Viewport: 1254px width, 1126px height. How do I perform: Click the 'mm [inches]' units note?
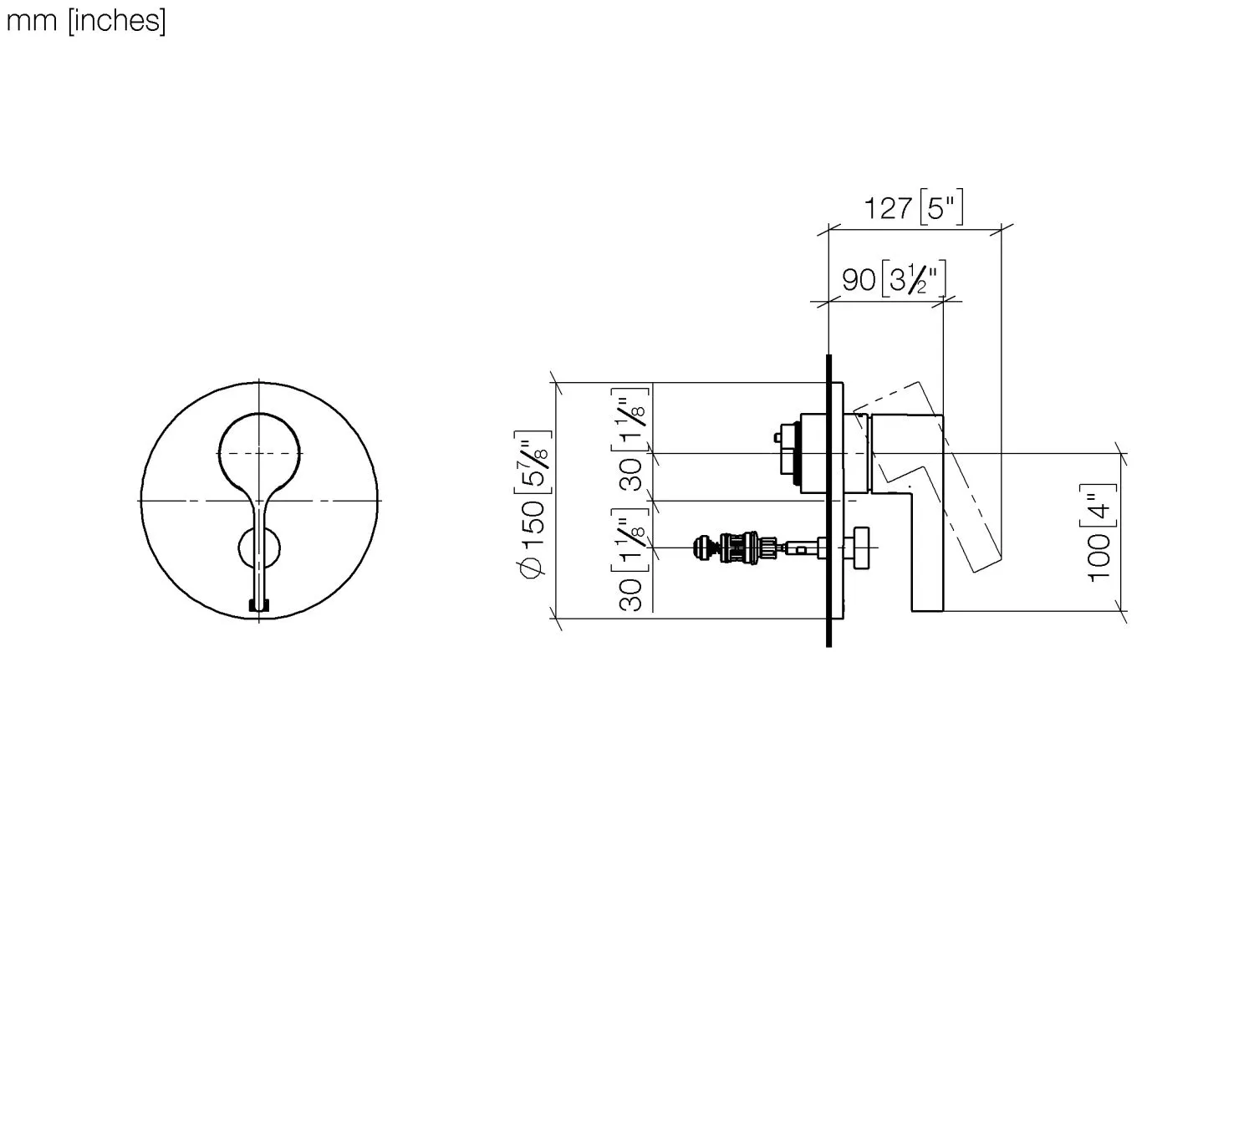pos(86,21)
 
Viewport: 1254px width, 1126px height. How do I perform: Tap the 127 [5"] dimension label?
pos(913,207)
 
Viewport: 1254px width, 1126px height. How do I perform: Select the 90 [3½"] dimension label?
pos(894,278)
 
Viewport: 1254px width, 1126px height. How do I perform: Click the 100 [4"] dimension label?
pos(1100,532)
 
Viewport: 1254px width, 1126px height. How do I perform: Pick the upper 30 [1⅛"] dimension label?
pos(633,440)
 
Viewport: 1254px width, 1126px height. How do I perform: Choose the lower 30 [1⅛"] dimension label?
pos(633,560)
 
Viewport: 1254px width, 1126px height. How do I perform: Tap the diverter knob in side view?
pos(861,548)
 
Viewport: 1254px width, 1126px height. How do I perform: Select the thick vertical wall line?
pos(828,502)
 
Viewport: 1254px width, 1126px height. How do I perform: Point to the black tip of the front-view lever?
pos(259,605)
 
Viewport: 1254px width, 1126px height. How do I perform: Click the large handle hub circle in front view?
pos(259,452)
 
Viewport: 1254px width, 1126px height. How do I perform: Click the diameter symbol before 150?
pos(533,568)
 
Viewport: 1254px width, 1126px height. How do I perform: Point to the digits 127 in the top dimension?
pos(888,207)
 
